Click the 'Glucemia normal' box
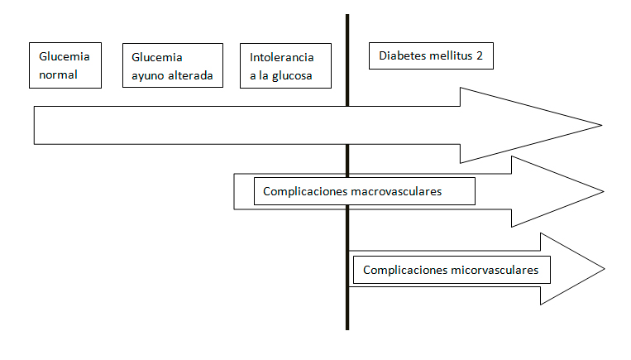[x=65, y=65]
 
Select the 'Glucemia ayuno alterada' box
[x=172, y=65]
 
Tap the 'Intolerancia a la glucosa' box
[x=284, y=65]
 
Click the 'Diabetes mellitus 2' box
[x=430, y=56]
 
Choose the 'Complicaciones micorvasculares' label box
[x=451, y=270]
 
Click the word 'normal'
[x=57, y=74]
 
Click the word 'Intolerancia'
[x=282, y=57]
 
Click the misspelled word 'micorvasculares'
[x=496, y=270]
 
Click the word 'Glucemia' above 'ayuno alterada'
[x=157, y=58]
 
